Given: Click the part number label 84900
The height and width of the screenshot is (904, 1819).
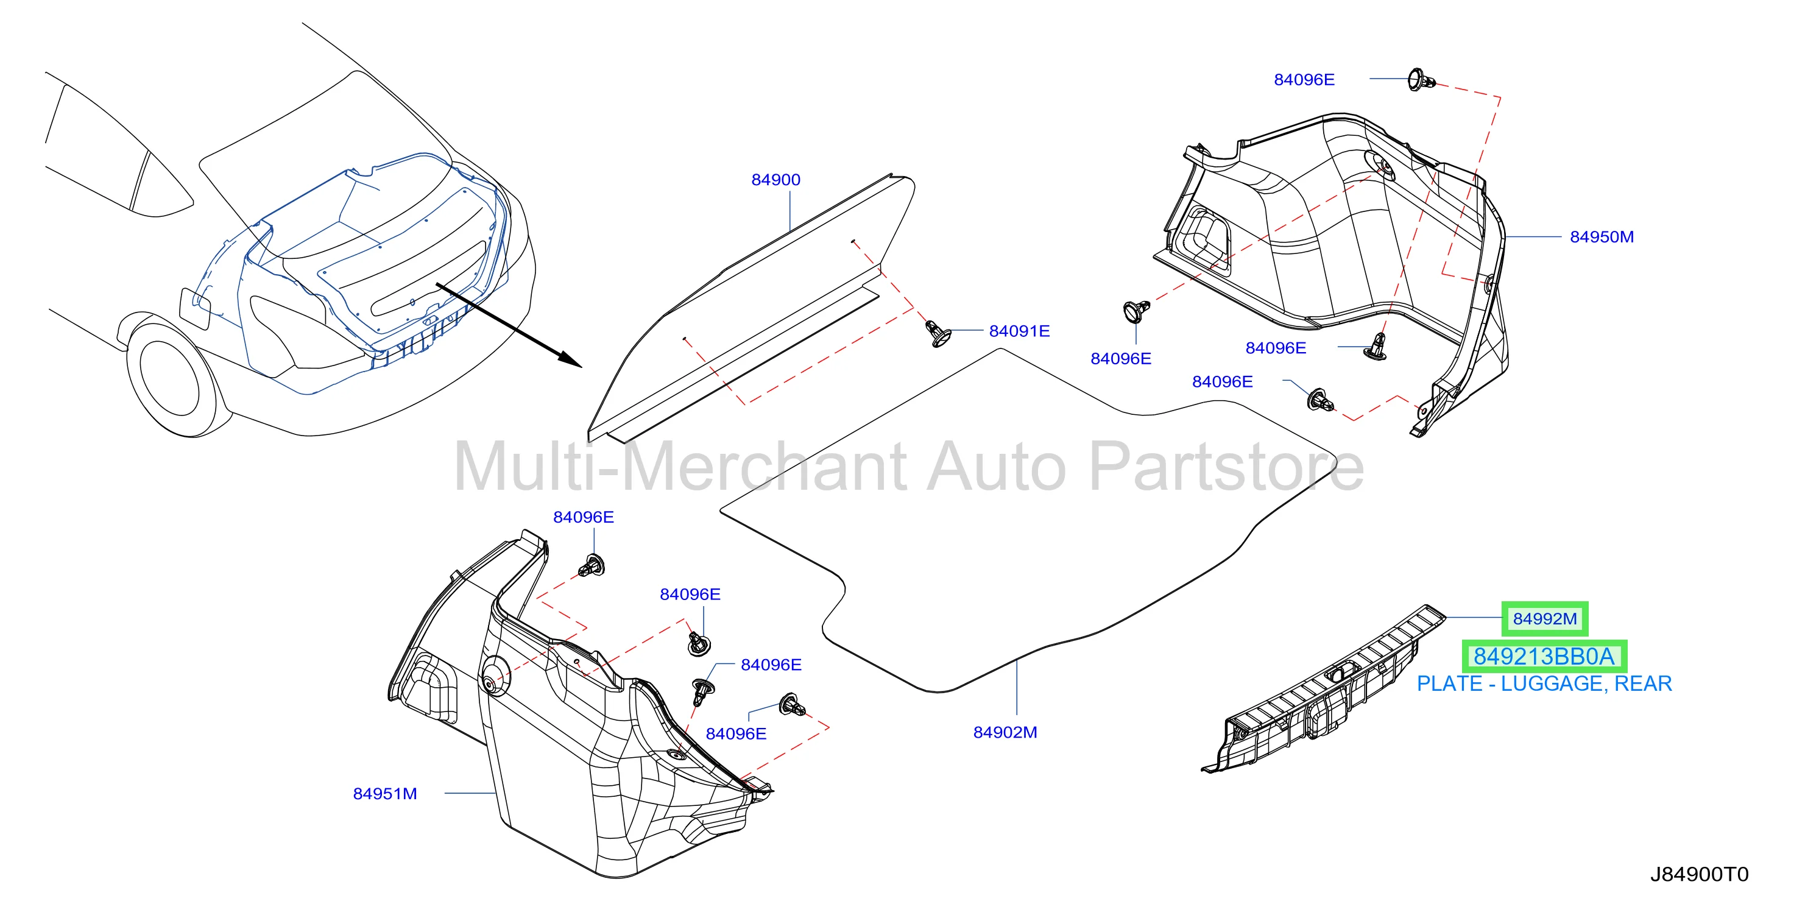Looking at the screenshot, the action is coord(775,180).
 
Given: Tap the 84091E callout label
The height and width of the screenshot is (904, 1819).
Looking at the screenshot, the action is coord(1019,331).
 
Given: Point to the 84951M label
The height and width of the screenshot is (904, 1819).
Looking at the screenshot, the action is coord(385,794).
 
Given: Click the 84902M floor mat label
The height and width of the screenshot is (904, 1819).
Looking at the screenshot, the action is coord(1005,732).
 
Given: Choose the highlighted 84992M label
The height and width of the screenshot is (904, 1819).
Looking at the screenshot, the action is coord(1544,620).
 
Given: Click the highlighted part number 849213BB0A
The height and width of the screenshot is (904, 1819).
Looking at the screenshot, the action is coord(1544,657).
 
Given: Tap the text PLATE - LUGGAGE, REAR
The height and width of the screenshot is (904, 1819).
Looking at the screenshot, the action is coord(1544,683).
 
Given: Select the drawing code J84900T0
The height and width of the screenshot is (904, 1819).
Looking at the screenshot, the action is coord(1699,874).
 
